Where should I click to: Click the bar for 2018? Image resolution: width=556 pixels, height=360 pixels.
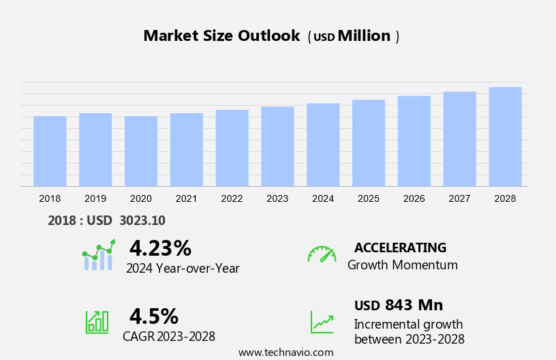coord(50,151)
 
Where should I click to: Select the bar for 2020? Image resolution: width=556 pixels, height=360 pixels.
coord(141,151)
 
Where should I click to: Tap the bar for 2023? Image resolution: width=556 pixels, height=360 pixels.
coord(277,147)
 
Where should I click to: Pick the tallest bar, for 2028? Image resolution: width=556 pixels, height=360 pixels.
coord(505,136)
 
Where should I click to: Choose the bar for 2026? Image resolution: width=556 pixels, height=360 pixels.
coord(414,141)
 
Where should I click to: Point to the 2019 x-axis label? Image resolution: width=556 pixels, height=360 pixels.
coord(95,198)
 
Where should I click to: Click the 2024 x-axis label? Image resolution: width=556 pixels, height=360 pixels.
coord(323,198)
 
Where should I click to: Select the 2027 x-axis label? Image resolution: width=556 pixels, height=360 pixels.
coord(459,198)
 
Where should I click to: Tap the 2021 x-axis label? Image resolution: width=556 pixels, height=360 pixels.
coord(186,198)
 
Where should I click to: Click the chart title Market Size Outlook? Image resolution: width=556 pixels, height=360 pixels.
coord(221,36)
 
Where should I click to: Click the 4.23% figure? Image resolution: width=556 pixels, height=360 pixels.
coord(160,247)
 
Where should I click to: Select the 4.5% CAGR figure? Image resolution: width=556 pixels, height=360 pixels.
coord(154,316)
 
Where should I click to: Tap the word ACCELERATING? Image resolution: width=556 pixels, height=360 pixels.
coord(400,247)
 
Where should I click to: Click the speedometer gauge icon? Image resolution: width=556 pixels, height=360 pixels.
coord(322,254)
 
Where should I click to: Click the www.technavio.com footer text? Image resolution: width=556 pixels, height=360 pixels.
coord(286,352)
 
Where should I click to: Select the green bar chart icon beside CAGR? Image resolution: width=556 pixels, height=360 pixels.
coord(97,322)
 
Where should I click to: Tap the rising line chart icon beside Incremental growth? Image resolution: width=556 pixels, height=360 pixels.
coord(322,322)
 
